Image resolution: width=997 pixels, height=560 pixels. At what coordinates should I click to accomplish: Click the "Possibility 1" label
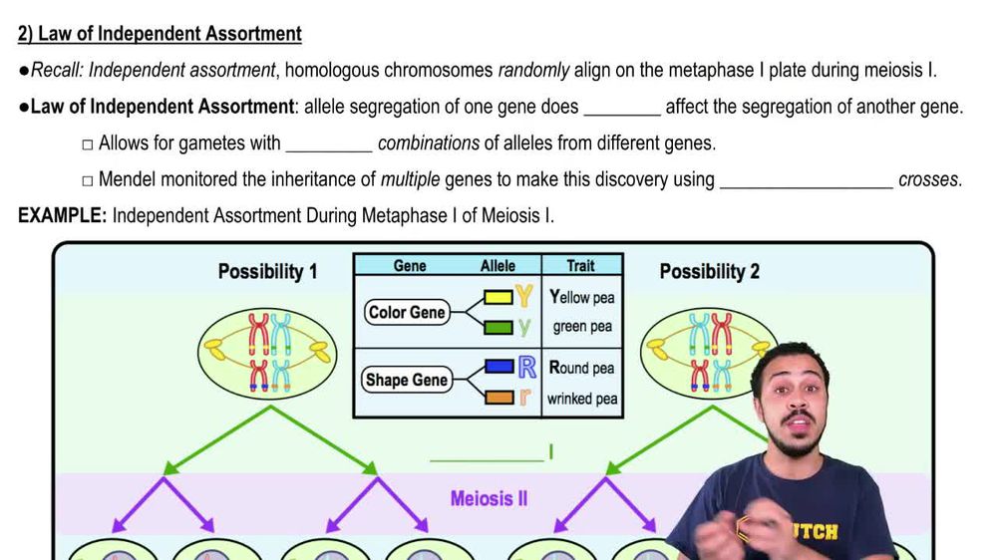pos(267,270)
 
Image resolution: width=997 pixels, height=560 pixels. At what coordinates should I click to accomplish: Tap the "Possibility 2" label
pos(709,270)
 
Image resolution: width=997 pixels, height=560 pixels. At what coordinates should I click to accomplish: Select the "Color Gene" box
pos(407,312)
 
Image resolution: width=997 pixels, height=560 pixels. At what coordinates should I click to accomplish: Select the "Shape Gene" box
pos(407,380)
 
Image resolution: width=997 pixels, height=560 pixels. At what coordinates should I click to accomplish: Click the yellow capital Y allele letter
pos(524,297)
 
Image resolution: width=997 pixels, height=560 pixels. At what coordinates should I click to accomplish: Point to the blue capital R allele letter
pos(527,367)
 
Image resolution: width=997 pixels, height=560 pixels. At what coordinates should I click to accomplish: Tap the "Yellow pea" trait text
pos(582,297)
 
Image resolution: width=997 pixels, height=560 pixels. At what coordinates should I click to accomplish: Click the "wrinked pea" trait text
pos(582,399)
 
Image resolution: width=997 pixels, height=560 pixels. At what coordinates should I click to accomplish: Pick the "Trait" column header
pos(580,265)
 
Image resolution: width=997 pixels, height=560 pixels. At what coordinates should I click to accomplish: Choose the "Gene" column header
pos(410,265)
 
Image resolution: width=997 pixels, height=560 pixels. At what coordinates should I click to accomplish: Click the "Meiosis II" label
pos(489,497)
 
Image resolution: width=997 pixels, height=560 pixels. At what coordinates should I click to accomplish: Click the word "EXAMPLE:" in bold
pos(62,215)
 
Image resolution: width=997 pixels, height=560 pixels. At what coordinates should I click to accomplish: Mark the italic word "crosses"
pos(929,180)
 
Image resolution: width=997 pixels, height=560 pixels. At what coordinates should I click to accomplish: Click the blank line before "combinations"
pos(328,144)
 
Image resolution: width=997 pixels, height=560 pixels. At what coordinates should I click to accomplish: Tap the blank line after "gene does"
pos(621,108)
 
